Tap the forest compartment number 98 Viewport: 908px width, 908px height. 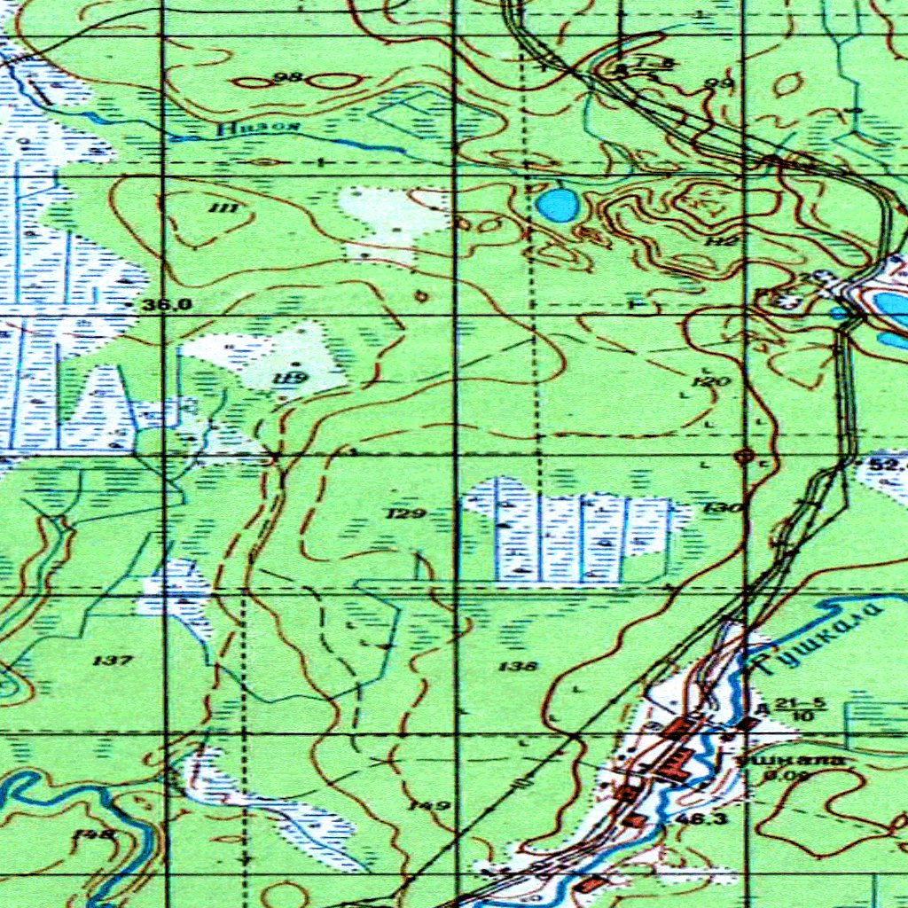(x=288, y=78)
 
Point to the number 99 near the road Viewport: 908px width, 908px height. (x=719, y=84)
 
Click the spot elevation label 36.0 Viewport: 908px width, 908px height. (x=168, y=304)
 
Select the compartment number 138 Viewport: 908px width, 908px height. (x=518, y=666)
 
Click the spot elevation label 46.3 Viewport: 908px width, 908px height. (x=701, y=818)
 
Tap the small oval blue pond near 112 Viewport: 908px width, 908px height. (x=558, y=206)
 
